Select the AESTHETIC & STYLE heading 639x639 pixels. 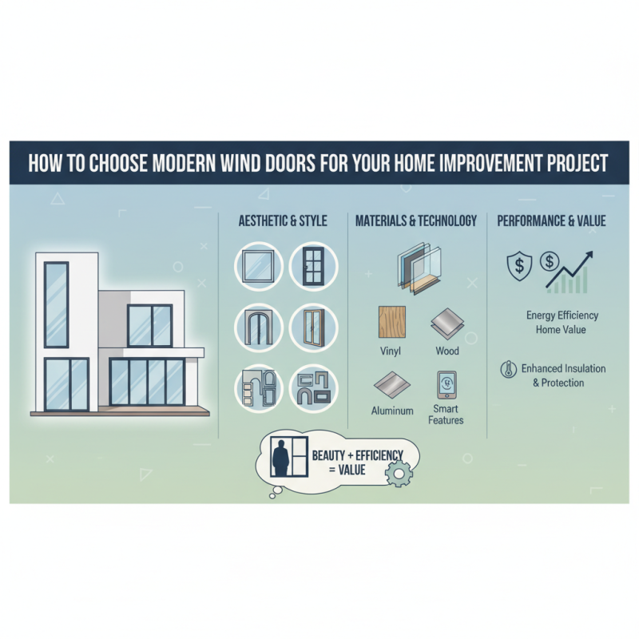point(283,220)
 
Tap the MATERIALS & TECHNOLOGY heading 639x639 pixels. point(416,220)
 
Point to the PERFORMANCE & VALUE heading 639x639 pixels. point(551,220)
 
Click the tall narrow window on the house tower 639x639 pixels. point(56,304)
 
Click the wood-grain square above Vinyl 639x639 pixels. point(391,323)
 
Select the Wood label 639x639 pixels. point(447,351)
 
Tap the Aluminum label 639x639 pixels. point(392,411)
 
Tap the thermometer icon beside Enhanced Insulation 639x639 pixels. point(506,369)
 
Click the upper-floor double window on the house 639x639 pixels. point(149,324)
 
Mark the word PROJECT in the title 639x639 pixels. point(570,164)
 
